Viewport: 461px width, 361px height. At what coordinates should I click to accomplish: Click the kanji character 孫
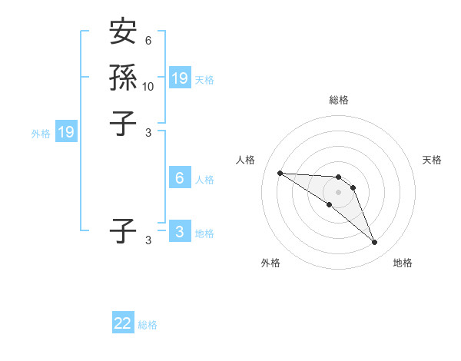click(123, 78)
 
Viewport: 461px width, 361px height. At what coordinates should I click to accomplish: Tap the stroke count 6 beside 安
click(148, 41)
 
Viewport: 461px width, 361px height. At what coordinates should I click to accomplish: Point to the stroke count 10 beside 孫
click(148, 87)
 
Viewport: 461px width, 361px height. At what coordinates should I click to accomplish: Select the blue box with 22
click(123, 323)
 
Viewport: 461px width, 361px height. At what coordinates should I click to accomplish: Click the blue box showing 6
click(180, 178)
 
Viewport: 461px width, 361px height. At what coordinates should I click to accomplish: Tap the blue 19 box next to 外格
click(67, 132)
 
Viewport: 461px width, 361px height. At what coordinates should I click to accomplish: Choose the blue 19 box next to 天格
click(180, 78)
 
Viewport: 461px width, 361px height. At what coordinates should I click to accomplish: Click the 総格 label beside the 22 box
click(148, 325)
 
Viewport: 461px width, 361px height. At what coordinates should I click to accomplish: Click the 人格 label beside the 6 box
click(204, 180)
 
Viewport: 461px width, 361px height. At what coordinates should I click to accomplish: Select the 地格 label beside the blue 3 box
click(204, 233)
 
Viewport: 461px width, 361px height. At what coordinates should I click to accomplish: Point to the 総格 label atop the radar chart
click(338, 100)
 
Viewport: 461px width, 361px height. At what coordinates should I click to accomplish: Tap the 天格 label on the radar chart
click(432, 160)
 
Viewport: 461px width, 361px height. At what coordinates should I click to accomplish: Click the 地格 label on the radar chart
click(403, 263)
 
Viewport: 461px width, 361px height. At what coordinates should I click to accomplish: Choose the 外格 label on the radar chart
click(270, 263)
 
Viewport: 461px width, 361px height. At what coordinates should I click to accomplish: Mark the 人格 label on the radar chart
click(245, 160)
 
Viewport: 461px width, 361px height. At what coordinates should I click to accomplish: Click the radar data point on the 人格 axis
click(280, 173)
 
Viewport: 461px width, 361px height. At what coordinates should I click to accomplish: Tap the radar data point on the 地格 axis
click(374, 243)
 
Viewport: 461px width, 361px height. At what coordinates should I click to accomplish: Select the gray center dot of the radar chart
click(338, 192)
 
